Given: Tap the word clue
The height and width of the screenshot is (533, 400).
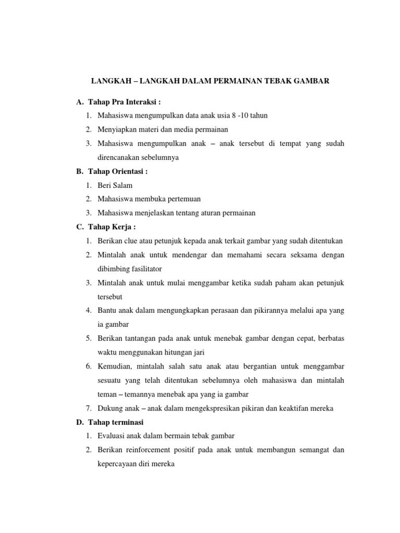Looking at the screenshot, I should (x=131, y=240).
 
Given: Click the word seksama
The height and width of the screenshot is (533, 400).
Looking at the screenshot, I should (x=302, y=255).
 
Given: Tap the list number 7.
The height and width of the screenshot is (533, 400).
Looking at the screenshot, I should (x=89, y=409).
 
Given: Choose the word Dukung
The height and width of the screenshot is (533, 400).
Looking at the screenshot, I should (x=109, y=409).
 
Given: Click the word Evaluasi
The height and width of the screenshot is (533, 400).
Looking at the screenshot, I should (x=112, y=436).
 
